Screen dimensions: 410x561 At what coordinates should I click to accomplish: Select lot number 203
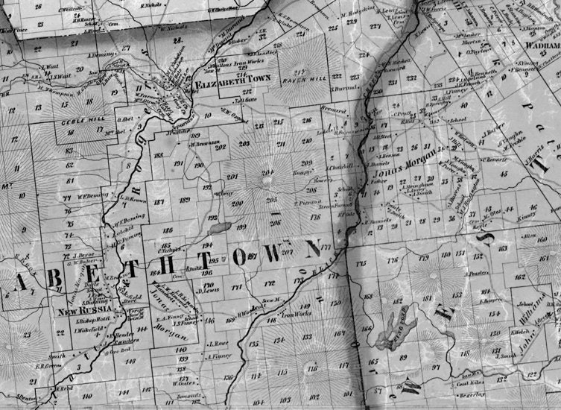click(244, 144)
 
